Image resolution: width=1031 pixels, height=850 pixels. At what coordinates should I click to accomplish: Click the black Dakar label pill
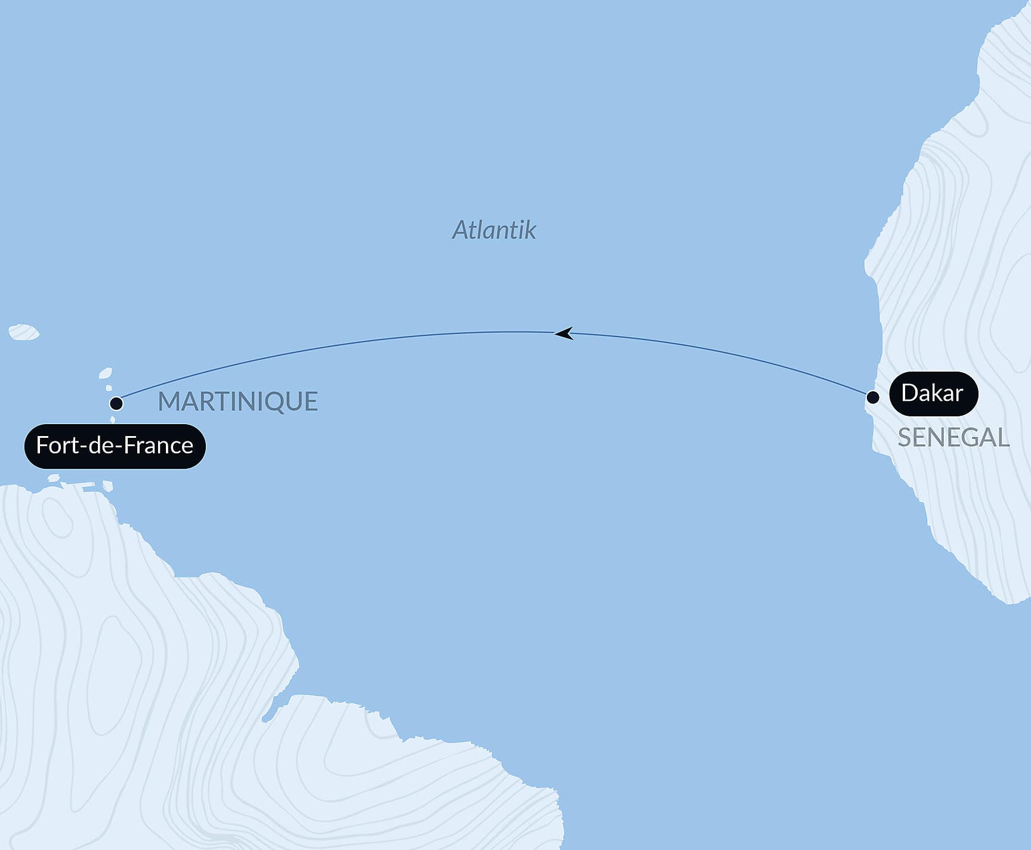[x=933, y=394]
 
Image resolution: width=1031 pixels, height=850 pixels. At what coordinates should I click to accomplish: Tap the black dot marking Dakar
[x=873, y=397]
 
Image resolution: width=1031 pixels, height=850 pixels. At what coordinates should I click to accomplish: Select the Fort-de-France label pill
[x=115, y=446]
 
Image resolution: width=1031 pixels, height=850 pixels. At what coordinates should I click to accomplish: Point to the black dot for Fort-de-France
[x=116, y=404]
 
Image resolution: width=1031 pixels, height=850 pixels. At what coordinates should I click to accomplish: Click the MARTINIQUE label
[x=237, y=401]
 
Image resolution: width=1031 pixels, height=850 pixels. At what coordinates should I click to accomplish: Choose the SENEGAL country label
[x=953, y=438]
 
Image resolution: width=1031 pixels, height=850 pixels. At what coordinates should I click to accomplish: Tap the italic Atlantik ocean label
[x=494, y=230]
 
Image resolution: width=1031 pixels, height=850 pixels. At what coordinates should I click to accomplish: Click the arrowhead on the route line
[x=564, y=333]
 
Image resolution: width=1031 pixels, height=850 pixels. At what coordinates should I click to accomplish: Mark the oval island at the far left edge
[x=24, y=332]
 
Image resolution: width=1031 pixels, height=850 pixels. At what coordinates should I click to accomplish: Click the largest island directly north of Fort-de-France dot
[x=106, y=373]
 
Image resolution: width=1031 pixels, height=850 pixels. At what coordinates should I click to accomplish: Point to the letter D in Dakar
[x=909, y=393]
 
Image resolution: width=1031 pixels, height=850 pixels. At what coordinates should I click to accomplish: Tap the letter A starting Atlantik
[x=460, y=230]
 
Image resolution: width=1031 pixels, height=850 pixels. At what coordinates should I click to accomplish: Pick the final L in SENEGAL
[x=1002, y=438]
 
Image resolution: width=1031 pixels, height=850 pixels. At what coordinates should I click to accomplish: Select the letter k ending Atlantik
[x=530, y=230]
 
